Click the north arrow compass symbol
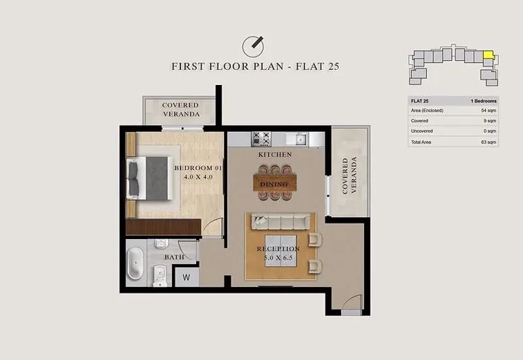click(x=253, y=46)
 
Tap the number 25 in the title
click(x=333, y=67)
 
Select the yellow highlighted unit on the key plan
click(x=488, y=55)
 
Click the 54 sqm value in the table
click(x=488, y=110)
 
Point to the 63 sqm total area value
click(x=488, y=142)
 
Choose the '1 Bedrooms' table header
click(x=484, y=101)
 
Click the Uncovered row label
click(x=422, y=131)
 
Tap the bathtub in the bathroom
click(x=135, y=263)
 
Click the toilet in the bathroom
click(x=160, y=275)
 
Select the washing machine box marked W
click(x=186, y=277)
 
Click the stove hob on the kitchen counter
click(x=261, y=139)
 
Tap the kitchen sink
click(x=301, y=139)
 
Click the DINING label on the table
click(x=274, y=184)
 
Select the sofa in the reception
click(x=280, y=221)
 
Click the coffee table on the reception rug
click(x=281, y=251)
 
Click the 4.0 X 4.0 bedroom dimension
click(x=198, y=177)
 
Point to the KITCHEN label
click(x=275, y=155)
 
